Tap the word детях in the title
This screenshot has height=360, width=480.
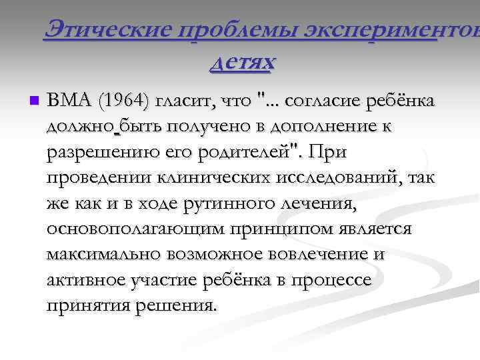tap(241, 62)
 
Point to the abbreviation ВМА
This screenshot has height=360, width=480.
tap(71, 101)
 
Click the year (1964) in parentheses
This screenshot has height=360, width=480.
tap(125, 102)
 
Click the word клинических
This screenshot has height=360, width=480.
tap(199, 178)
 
